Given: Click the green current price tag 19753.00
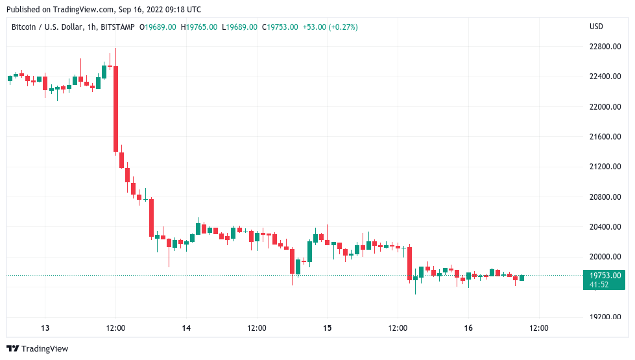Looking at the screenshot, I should click(x=605, y=275).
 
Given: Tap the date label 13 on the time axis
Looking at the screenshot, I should click(x=45, y=328).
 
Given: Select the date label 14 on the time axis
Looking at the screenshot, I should click(x=186, y=328).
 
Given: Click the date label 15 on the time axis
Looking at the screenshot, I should click(x=328, y=328).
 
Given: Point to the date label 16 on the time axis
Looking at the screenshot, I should click(x=468, y=328).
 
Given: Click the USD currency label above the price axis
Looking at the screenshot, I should click(x=596, y=27).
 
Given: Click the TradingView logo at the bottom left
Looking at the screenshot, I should click(x=37, y=348).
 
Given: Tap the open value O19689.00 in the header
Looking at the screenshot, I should click(x=160, y=27).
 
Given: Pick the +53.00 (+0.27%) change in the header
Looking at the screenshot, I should click(x=330, y=27).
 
